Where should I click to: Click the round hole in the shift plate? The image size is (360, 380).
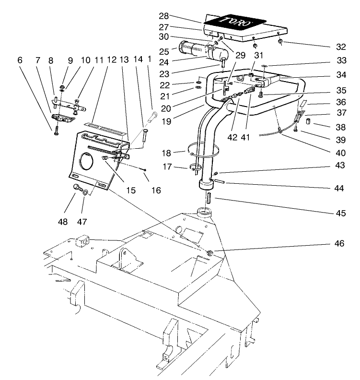[x=86, y=162]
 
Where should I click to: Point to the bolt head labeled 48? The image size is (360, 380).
[x=75, y=188]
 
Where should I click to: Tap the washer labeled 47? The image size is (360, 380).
[x=85, y=192]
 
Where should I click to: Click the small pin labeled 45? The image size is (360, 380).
[x=209, y=198]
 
